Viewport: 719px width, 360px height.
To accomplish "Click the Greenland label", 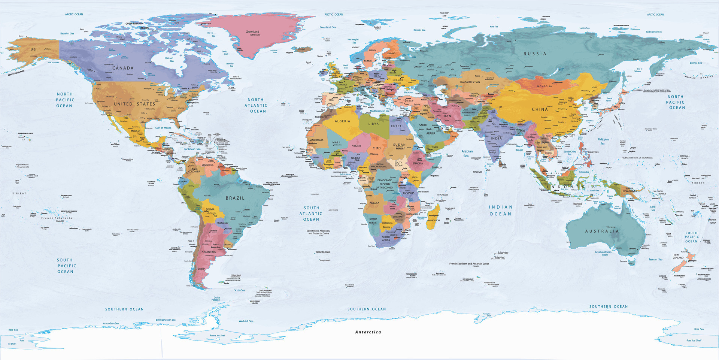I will pyautogui.click(x=252, y=32).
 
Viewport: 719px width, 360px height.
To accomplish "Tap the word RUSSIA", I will pyautogui.click(x=535, y=54).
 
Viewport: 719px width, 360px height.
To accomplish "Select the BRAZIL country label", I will pyautogui.click(x=235, y=198).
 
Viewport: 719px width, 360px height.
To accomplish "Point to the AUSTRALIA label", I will pyautogui.click(x=602, y=231).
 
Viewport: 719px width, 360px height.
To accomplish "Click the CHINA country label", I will pyautogui.click(x=540, y=109).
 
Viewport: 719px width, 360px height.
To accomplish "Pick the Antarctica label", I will pyautogui.click(x=368, y=332).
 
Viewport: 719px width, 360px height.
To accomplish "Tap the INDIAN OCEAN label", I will pyautogui.click(x=500, y=211).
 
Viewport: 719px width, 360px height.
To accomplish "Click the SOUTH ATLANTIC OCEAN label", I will pyautogui.click(x=311, y=214).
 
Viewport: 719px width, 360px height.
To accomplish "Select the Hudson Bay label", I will pyautogui.click(x=169, y=59).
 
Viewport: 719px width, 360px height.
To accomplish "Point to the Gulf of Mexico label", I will pyautogui.click(x=163, y=128).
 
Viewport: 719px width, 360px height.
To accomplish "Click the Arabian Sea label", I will pyautogui.click(x=467, y=154).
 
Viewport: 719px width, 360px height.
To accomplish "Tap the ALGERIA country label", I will pyautogui.click(x=342, y=121).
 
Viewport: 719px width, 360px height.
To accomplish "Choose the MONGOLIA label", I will pyautogui.click(x=544, y=86).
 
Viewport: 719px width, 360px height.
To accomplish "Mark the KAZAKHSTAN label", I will pyautogui.click(x=470, y=82).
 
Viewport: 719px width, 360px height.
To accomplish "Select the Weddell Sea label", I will pyautogui.click(x=246, y=321).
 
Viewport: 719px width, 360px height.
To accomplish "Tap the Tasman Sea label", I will pyautogui.click(x=655, y=259).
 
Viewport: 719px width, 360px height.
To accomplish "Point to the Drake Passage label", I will pyautogui.click(x=216, y=299).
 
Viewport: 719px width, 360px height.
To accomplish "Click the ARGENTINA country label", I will pyautogui.click(x=209, y=252).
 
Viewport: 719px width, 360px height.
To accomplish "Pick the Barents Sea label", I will pyautogui.click(x=419, y=30).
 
